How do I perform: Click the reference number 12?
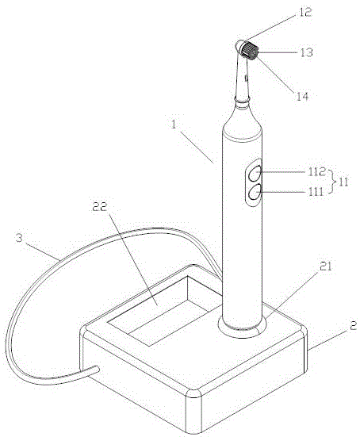point(305,12)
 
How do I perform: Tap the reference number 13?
point(306,52)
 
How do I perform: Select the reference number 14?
point(302,97)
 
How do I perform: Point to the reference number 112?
point(317,172)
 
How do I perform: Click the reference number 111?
point(316,192)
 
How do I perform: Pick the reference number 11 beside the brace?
point(343,182)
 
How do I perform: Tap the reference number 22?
point(100,206)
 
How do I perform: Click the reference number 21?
point(325,266)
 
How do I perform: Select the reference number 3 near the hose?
point(19,238)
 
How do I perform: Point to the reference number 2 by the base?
point(353,326)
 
